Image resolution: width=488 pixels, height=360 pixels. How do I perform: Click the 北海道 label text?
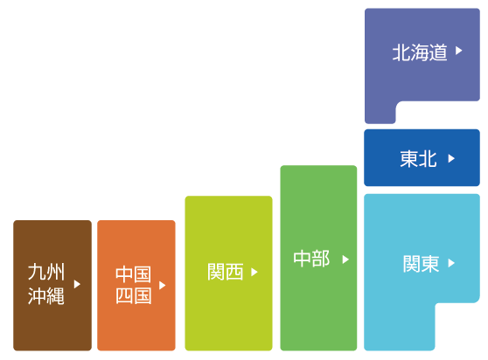click(420, 52)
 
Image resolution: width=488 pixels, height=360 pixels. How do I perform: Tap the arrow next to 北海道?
click(459, 51)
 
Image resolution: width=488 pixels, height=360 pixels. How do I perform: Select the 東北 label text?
click(418, 159)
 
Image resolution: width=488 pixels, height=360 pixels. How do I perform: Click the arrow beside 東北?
click(451, 158)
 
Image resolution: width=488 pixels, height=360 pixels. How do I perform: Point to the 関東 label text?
click(421, 264)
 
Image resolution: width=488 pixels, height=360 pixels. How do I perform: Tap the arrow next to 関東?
click(451, 263)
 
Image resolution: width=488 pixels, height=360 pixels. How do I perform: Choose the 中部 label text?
click(311, 259)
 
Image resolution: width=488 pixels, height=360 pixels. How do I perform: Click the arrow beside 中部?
click(345, 260)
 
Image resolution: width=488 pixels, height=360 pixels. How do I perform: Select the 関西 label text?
click(226, 272)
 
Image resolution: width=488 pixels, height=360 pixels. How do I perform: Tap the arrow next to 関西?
click(254, 272)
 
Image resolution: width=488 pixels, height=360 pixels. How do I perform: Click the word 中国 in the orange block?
click(133, 274)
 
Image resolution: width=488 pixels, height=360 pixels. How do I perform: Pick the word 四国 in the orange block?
click(134, 295)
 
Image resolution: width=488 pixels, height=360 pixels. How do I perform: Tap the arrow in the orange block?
click(162, 285)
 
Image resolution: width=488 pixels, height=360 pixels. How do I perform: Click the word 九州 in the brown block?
click(46, 272)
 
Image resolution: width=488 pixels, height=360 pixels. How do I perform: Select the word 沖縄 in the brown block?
click(46, 295)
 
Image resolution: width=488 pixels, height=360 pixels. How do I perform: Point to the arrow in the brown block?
click(77, 284)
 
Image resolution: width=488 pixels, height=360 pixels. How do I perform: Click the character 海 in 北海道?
click(420, 52)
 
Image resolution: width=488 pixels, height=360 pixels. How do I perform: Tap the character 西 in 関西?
click(234, 272)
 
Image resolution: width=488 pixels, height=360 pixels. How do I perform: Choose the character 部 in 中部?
click(321, 259)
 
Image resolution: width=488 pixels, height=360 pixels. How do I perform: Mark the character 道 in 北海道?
click(438, 52)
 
